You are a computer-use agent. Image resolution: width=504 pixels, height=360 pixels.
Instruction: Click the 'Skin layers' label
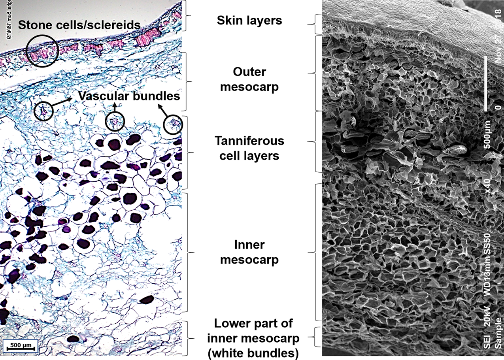pyautogui.click(x=249, y=20)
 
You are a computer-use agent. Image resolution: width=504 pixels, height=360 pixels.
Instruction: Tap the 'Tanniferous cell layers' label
pyautogui.click(x=249, y=148)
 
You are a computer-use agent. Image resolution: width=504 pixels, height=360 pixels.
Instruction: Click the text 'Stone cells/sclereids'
pyautogui.click(x=79, y=25)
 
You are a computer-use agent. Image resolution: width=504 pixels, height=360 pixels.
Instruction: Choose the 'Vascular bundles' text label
pyautogui.click(x=129, y=96)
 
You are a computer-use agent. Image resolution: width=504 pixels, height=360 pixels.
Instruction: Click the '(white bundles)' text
pyautogui.click(x=256, y=353)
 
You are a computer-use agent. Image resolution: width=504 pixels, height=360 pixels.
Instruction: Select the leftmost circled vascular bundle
pyautogui.click(x=43, y=112)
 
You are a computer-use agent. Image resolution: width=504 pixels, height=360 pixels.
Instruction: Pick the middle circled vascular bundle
pyautogui.click(x=115, y=121)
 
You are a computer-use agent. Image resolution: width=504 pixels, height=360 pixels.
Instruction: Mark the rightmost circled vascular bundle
pyautogui.click(x=173, y=125)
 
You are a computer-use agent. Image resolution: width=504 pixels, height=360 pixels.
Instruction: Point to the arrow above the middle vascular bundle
pyautogui.click(x=115, y=107)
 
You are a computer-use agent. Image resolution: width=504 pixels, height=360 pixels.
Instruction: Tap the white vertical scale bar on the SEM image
pyautogui.click(x=486, y=83)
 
